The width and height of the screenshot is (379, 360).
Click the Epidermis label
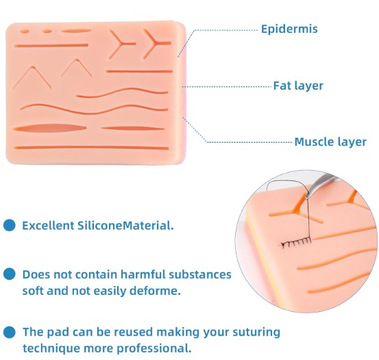click(289, 29)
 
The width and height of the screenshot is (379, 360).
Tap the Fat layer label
click(298, 86)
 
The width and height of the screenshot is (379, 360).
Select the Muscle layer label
click(330, 142)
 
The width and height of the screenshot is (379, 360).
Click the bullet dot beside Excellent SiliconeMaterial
click(10, 226)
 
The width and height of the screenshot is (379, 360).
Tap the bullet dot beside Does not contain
click(10, 274)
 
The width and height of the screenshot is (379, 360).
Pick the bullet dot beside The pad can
click(10, 332)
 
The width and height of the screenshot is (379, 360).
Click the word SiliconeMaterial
click(125, 226)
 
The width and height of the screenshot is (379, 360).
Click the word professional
click(154, 348)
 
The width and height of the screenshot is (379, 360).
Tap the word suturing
click(256, 333)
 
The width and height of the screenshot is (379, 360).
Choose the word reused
click(133, 332)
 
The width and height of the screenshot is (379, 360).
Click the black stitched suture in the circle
click(296, 243)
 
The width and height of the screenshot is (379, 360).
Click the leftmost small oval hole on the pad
click(24, 32)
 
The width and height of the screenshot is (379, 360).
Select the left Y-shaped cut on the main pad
click(122, 44)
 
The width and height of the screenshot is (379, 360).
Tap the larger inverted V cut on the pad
click(32, 77)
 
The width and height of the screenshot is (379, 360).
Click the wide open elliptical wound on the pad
click(49, 128)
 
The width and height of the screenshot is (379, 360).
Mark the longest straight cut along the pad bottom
click(91, 147)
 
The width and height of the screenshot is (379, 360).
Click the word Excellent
click(48, 226)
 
